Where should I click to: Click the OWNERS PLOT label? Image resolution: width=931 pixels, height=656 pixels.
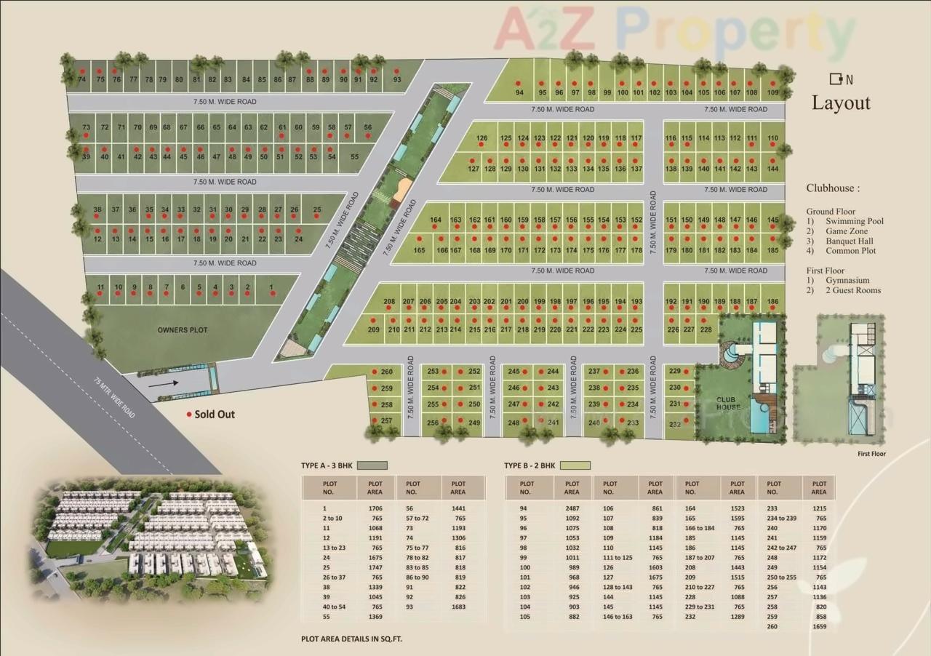(x=183, y=330)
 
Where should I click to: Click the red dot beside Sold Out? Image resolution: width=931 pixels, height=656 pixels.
(x=190, y=415)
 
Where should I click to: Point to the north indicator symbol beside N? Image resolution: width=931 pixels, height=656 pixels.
(x=836, y=79)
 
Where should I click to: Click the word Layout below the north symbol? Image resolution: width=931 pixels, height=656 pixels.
(x=841, y=103)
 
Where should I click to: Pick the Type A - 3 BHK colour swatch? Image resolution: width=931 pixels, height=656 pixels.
(x=372, y=465)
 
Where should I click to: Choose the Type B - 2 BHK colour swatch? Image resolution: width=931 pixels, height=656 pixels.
(x=575, y=465)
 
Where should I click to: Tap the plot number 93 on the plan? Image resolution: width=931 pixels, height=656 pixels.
(x=397, y=79)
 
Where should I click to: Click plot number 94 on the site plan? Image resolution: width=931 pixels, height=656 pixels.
(x=519, y=93)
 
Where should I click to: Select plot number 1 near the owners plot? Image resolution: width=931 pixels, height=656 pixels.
(x=272, y=287)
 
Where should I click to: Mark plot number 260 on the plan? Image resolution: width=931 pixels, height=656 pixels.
(x=387, y=372)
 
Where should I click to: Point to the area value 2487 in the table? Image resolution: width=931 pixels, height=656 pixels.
(x=572, y=508)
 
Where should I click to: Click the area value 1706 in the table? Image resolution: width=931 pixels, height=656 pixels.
(x=375, y=508)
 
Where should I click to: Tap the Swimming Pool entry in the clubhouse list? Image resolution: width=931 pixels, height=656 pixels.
(x=855, y=221)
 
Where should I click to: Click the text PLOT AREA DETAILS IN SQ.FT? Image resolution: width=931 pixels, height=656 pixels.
(x=351, y=639)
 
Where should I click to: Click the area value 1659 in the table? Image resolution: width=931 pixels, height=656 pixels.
(x=820, y=626)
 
